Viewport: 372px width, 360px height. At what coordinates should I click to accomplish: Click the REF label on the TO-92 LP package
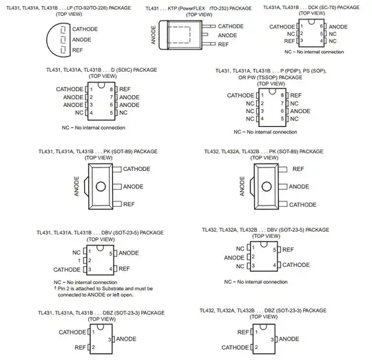pos(77,50)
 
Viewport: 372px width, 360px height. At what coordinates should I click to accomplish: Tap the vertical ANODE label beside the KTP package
pos(154,35)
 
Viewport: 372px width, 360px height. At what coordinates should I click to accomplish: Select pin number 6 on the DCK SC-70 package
pos(322,26)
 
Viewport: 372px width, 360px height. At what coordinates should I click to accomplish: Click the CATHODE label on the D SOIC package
pos(70,89)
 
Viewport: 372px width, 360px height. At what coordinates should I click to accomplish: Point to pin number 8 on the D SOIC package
pos(112,90)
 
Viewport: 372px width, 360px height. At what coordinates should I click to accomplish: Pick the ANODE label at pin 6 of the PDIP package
pos(300,111)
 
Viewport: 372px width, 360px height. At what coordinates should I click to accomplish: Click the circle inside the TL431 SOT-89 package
pos(101,187)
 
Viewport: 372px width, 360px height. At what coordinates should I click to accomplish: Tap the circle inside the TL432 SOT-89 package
pos(267,187)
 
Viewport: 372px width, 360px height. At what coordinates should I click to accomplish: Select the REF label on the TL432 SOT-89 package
pos(298,169)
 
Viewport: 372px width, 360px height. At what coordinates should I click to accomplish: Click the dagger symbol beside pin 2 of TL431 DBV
pos(79,261)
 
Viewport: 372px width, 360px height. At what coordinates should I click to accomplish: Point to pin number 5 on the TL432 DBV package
pos(274,250)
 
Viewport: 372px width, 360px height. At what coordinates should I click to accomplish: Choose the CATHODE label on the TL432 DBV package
pos(296,265)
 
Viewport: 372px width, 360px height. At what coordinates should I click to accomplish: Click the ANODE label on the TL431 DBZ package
pos(126,339)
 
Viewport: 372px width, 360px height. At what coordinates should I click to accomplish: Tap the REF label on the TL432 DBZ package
pos(243,332)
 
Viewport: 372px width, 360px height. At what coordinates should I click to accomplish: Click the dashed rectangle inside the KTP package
pos(179,27)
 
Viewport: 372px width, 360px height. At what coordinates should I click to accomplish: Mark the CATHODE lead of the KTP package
pos(209,26)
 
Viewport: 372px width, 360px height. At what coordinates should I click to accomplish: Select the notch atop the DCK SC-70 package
pos(311,22)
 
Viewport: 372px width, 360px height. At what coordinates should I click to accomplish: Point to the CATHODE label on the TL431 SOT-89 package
pos(136,169)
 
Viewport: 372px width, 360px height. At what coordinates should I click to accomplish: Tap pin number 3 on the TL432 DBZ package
pos(272,340)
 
